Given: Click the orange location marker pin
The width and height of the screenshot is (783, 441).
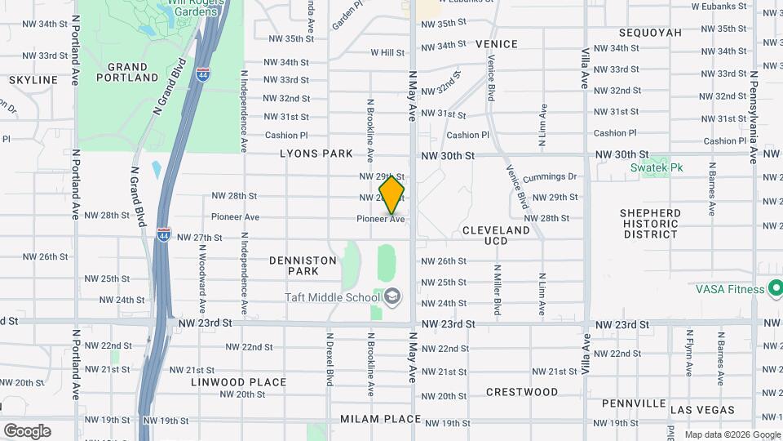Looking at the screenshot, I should tap(392, 195).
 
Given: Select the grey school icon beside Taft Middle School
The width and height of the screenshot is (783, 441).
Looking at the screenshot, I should tap(392, 296).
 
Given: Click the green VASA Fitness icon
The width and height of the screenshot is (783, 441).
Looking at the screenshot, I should tap(775, 288).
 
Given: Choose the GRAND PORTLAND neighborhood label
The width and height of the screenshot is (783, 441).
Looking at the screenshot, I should tap(127, 72).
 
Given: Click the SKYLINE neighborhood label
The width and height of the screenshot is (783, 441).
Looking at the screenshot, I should tap(33, 80).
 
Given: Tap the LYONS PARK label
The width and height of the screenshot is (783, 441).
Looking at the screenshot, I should tap(316, 154).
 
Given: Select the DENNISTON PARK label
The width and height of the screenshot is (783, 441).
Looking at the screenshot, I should tap(303, 265).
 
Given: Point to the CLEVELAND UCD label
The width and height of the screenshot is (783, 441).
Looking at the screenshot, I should tap(496, 235).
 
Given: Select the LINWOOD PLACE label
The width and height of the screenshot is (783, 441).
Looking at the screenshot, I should tap(239, 382).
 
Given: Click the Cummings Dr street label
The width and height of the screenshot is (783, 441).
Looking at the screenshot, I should tap(550, 176).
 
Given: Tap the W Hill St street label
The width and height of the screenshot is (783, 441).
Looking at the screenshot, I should tap(387, 52).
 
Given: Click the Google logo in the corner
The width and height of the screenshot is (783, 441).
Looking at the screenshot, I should tap(26, 430).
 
